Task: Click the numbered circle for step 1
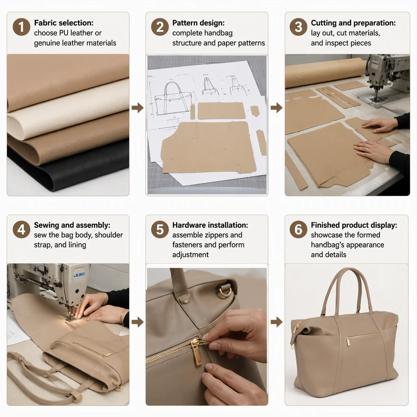point(21,27)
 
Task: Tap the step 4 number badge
point(21,230)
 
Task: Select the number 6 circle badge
point(298,230)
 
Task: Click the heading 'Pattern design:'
point(198,23)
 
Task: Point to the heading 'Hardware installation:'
point(210,225)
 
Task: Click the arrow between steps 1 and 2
point(138,108)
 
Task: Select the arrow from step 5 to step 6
point(277,322)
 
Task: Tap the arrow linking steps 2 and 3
point(277,108)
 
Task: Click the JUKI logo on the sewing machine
point(79,274)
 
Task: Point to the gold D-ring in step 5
point(225,291)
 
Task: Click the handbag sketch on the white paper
point(173,99)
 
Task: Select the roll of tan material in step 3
point(326,73)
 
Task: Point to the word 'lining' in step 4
point(77,245)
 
